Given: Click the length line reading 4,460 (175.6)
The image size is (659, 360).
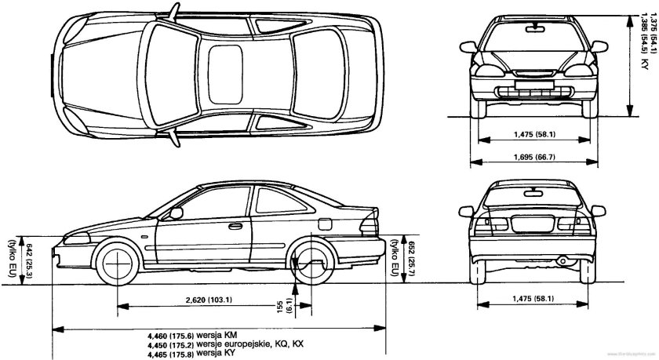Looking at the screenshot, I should coord(192,334).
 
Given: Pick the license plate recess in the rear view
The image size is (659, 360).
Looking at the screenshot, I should coord(532,224).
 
